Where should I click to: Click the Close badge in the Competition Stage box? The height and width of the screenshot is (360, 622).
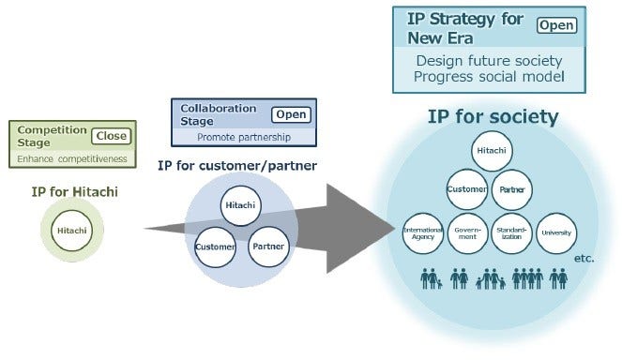111,136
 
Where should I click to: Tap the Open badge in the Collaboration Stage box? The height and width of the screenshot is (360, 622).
290,114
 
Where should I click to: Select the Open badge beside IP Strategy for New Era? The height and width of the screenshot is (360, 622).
557,25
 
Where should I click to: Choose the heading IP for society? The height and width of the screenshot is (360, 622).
493,117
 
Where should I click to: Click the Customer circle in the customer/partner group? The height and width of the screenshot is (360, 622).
215,248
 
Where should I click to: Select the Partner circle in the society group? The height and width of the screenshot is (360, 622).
513,188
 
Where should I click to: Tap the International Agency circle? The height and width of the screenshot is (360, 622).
423,232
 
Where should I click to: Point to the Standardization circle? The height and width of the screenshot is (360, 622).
511,232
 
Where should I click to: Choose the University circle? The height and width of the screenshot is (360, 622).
556,232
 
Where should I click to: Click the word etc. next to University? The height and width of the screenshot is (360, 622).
584,255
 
